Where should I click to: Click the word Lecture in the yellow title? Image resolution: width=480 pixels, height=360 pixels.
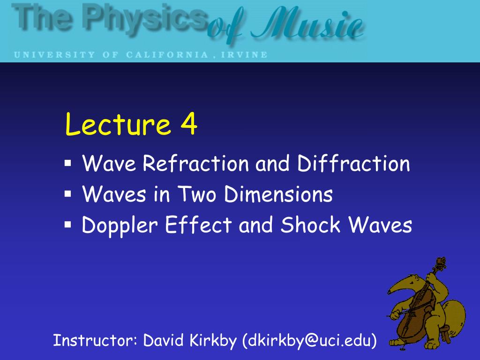[118, 123]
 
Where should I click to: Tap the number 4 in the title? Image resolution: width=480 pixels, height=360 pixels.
[188, 123]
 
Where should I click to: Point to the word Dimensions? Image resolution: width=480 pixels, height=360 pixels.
[278, 194]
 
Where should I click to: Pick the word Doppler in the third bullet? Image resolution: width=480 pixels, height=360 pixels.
[120, 225]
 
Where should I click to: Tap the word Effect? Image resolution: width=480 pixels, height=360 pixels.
[199, 225]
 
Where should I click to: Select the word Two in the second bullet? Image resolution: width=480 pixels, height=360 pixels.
[197, 194]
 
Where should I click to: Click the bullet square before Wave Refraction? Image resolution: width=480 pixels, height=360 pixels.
[67, 163]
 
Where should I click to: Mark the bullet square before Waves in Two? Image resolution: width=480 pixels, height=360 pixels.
[67, 194]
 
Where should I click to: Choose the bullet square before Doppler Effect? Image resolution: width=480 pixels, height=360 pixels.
[67, 225]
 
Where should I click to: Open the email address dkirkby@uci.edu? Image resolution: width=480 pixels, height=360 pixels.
[309, 341]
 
